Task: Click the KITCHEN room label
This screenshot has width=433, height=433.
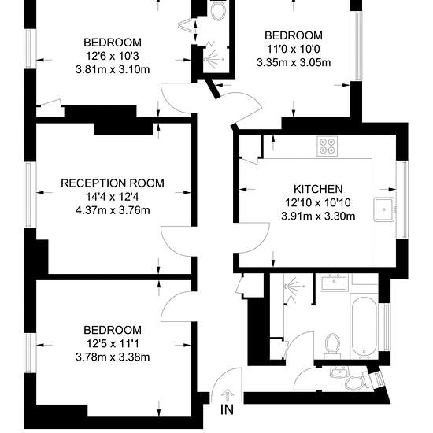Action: click(318, 189)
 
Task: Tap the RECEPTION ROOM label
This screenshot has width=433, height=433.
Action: click(113, 183)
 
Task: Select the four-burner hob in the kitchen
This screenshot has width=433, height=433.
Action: click(328, 146)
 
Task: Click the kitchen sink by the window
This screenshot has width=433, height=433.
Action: click(384, 209)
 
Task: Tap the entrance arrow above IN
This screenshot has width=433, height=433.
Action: click(228, 395)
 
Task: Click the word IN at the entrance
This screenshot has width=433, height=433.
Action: click(227, 409)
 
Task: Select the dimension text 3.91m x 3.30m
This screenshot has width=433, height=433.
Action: click(318, 216)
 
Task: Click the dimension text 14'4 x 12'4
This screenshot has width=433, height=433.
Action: click(113, 197)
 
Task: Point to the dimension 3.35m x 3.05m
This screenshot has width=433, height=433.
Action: click(294, 62)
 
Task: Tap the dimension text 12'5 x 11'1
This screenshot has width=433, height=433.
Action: click(113, 344)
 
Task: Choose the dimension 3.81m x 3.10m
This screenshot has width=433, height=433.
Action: click(113, 69)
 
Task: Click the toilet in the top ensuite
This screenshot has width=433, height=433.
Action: click(218, 9)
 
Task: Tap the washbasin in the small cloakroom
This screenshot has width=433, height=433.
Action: click(339, 372)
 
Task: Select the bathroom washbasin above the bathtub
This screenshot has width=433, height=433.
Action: click(334, 282)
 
